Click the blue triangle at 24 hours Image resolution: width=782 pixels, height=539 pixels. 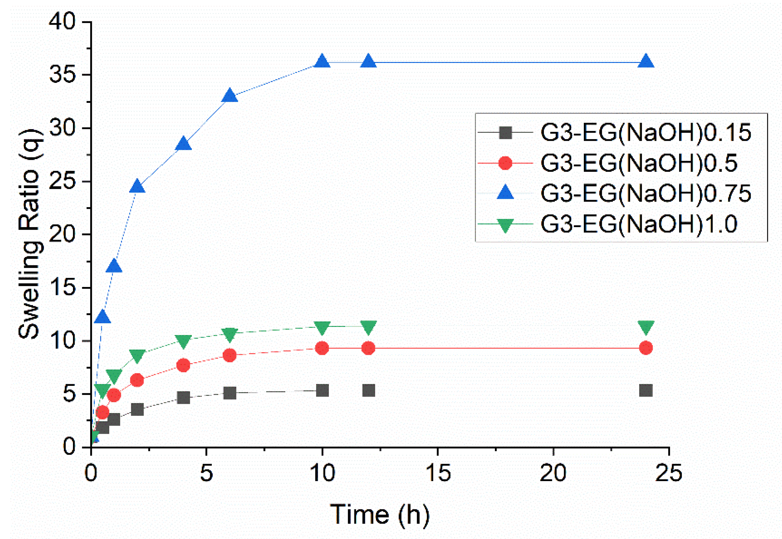click(645, 62)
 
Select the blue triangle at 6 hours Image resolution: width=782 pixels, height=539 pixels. click(230, 96)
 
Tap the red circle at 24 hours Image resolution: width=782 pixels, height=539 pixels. click(645, 348)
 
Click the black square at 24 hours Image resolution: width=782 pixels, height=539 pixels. click(645, 391)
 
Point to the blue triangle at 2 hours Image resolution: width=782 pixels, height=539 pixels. click(137, 186)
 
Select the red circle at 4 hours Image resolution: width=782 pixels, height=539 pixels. click(184, 365)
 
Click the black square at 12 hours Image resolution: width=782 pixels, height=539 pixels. click(369, 391)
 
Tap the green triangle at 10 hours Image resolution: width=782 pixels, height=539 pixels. click(322, 327)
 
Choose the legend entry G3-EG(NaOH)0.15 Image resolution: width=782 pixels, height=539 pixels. click(645, 133)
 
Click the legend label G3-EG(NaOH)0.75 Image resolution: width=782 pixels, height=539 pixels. click(645, 193)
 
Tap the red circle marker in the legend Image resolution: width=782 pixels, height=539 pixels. click(505, 163)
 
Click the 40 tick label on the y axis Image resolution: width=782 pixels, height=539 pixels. click(62, 22)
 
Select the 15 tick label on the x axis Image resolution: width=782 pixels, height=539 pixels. click(438, 473)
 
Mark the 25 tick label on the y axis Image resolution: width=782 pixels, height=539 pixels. click(62, 181)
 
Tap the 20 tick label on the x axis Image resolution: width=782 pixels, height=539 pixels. click(553, 473)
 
